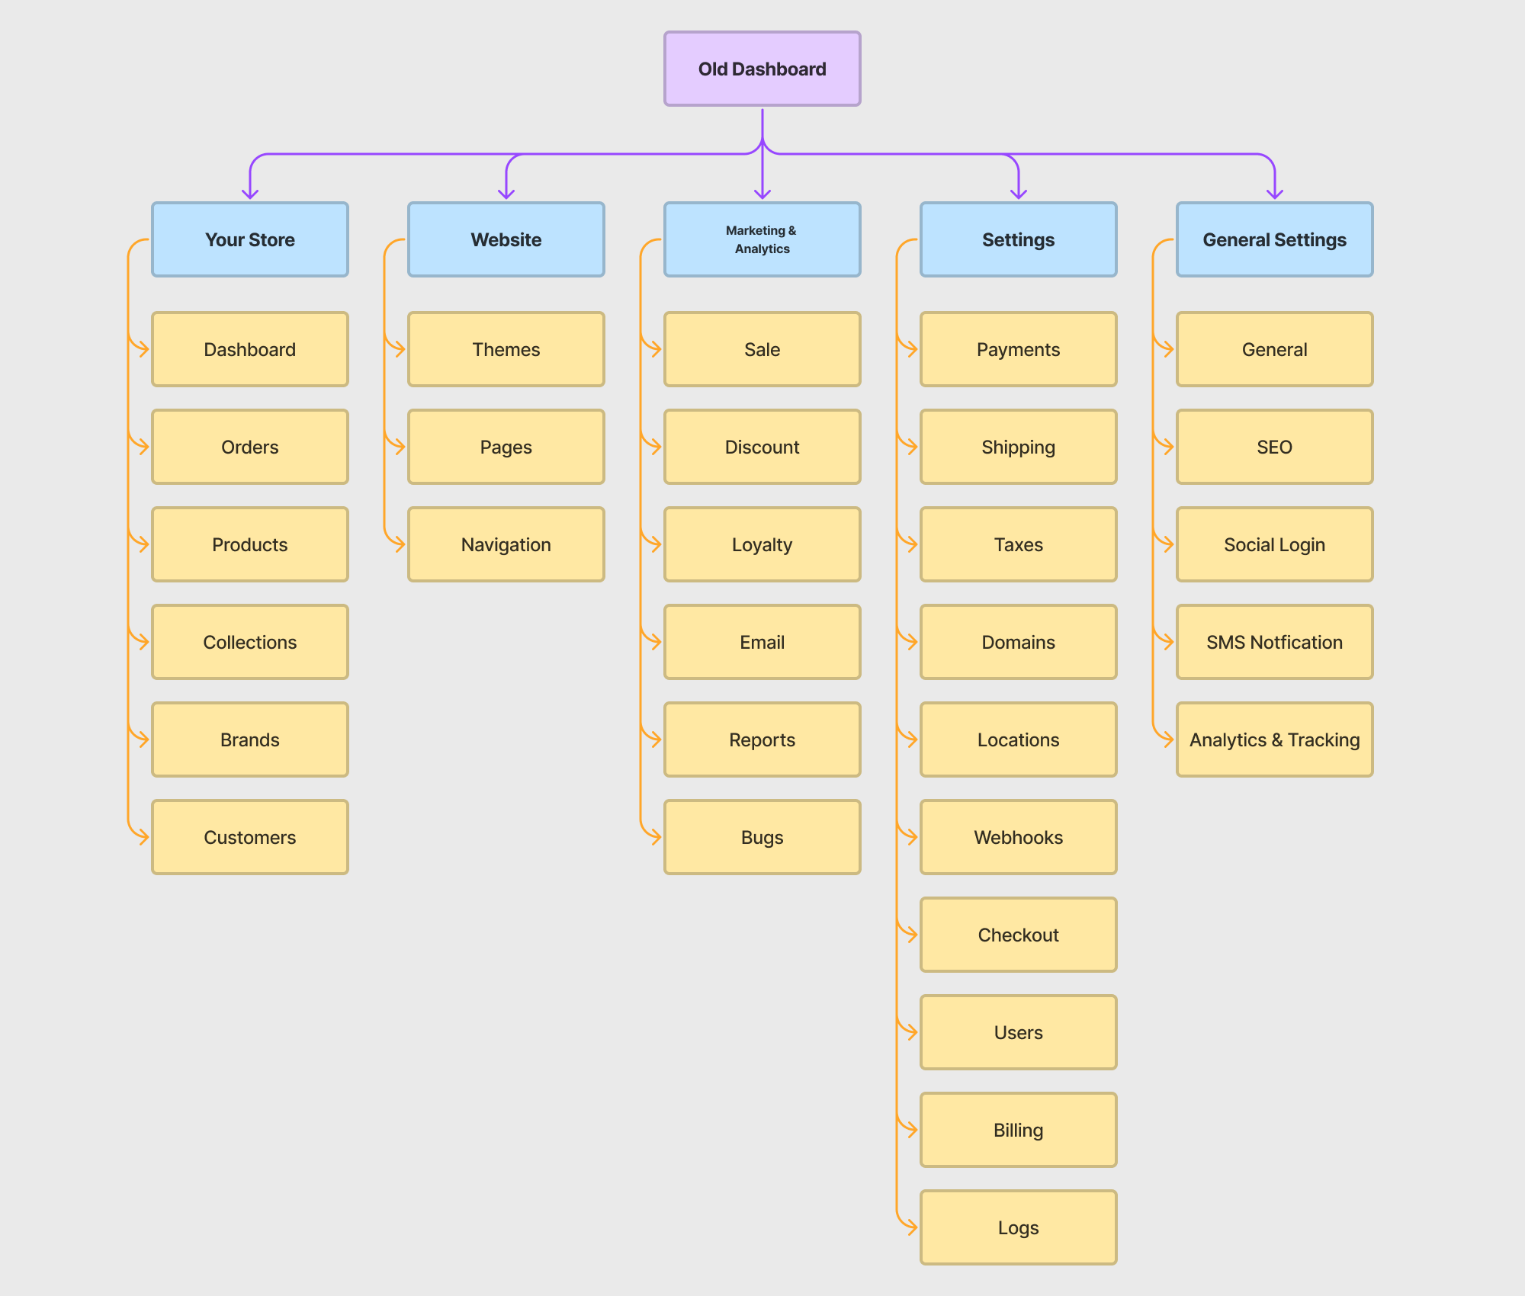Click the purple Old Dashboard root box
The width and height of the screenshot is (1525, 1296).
762,69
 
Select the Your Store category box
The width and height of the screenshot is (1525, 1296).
249,239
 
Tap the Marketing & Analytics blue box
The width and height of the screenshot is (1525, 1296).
762,239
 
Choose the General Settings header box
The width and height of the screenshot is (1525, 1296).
1274,239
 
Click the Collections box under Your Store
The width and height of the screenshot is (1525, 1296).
249,642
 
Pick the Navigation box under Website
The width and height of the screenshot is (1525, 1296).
506,544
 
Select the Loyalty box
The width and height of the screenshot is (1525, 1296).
762,544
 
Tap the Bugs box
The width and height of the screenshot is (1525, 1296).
762,837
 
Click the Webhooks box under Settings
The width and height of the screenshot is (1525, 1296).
1018,837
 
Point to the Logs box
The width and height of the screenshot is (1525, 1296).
1018,1227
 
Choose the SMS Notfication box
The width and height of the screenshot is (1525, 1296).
1274,642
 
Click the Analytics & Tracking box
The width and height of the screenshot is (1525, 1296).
1274,739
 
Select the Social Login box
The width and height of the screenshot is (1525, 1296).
1274,544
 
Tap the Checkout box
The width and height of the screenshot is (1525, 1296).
1018,935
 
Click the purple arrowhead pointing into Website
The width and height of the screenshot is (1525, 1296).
506,194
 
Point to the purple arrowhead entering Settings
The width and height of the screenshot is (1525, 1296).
1019,194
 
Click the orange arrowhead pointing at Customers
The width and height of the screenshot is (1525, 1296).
143,837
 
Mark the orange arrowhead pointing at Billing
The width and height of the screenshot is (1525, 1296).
912,1130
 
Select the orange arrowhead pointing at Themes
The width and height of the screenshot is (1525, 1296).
400,349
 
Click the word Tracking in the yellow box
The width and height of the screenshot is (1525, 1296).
1323,739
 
